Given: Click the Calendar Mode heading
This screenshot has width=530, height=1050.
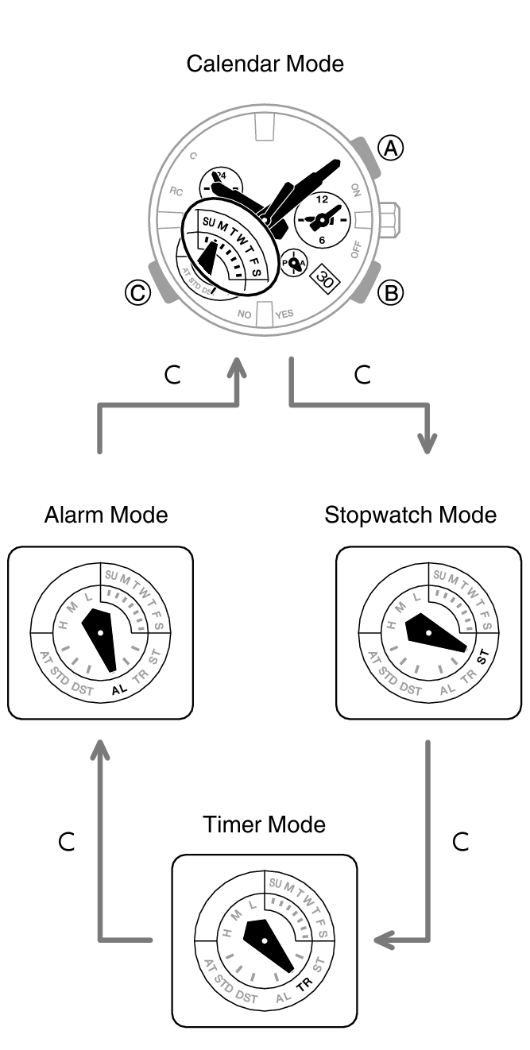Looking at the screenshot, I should pos(265,64).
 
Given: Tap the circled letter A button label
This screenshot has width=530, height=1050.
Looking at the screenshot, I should pos(390,148).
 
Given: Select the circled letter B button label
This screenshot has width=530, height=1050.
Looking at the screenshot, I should pos(390,293).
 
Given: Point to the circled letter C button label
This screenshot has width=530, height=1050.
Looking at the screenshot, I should pos(138,293).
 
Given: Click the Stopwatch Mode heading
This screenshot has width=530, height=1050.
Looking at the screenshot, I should pos(410,515).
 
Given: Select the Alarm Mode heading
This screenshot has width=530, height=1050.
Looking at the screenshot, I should pos(106,515).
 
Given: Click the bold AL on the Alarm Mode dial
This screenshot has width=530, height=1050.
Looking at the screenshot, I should pos(120,689).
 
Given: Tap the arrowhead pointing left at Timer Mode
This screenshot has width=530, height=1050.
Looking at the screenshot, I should pos(384,940).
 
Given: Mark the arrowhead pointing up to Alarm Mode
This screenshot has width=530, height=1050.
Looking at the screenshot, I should pos(99,749).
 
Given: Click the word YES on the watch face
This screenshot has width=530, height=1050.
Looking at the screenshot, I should pos(284,315).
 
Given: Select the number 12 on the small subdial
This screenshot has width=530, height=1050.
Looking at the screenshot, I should pos(322,199).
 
